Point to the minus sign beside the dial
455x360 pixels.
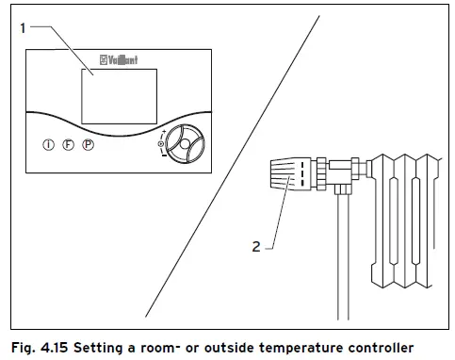point(166,158)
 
